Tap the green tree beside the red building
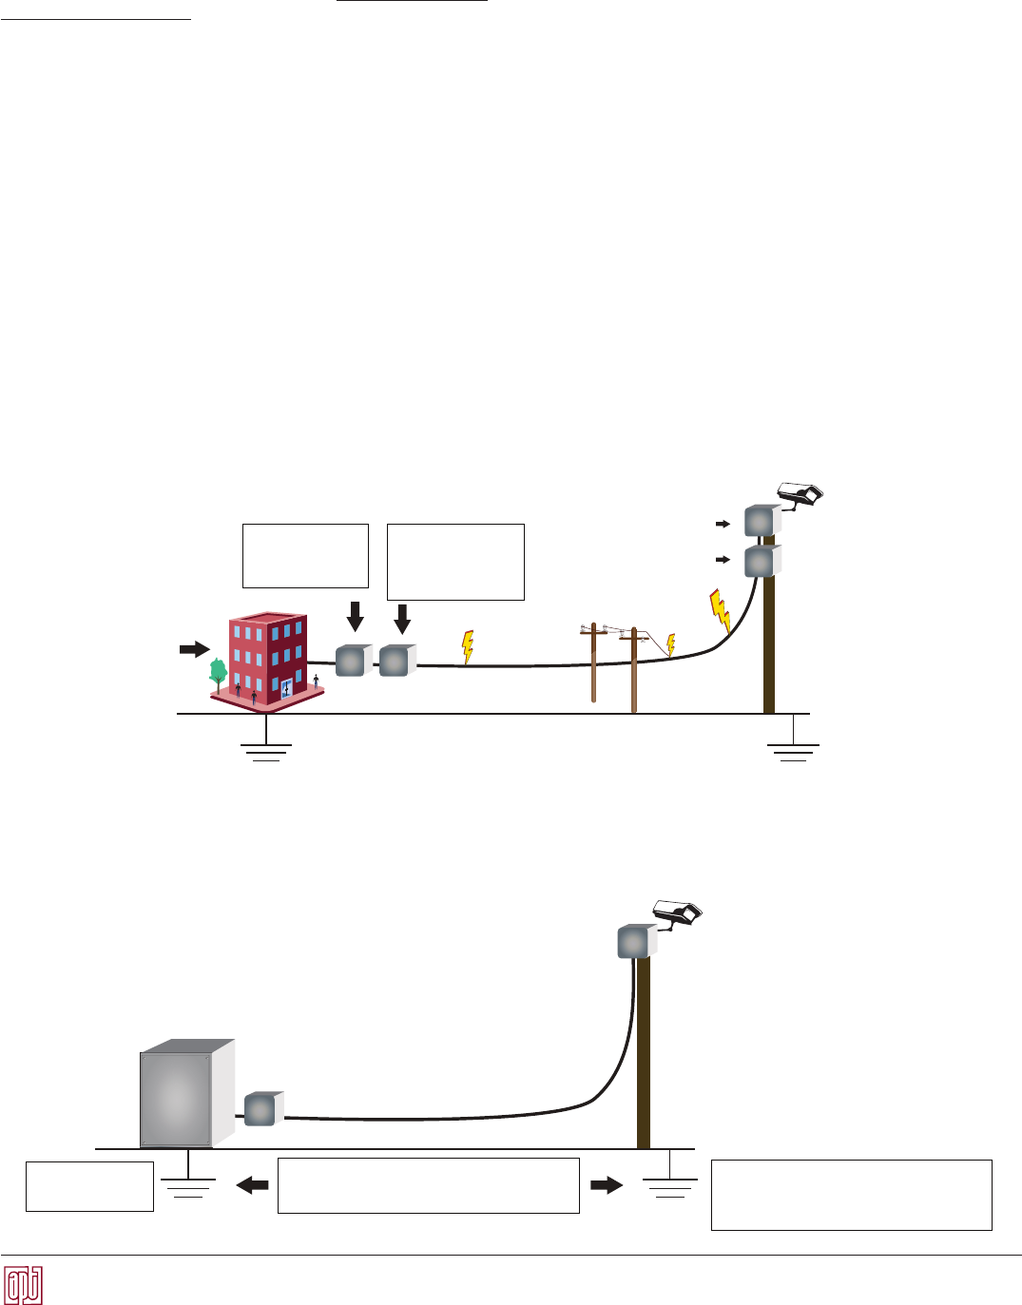click(x=218, y=673)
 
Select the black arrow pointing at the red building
click(x=194, y=649)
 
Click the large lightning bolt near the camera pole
click(x=721, y=611)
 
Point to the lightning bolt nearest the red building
click(x=467, y=646)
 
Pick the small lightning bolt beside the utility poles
click(x=670, y=645)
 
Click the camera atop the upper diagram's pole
click(x=800, y=493)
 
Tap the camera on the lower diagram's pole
click(x=677, y=913)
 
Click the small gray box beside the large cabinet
click(x=261, y=1109)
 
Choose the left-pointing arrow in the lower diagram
click(x=252, y=1184)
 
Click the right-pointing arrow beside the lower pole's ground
click(x=606, y=1184)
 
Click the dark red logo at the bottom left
click(x=24, y=1286)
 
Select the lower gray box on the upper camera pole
click(x=761, y=562)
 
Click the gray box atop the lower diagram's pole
click(x=635, y=942)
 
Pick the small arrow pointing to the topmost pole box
click(x=723, y=524)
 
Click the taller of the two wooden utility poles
click(x=633, y=669)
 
